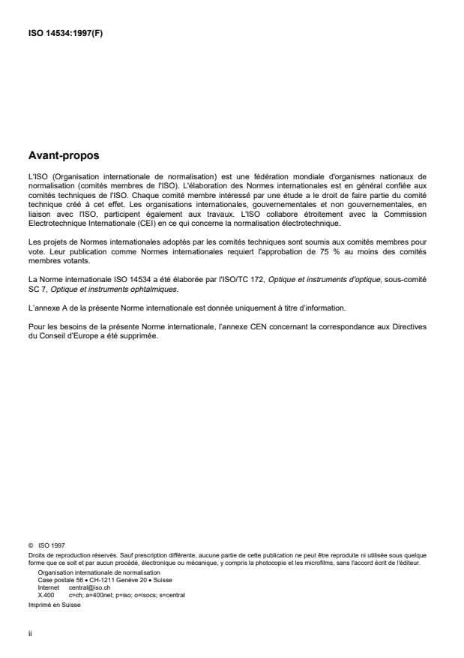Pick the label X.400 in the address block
[x=46, y=593]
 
